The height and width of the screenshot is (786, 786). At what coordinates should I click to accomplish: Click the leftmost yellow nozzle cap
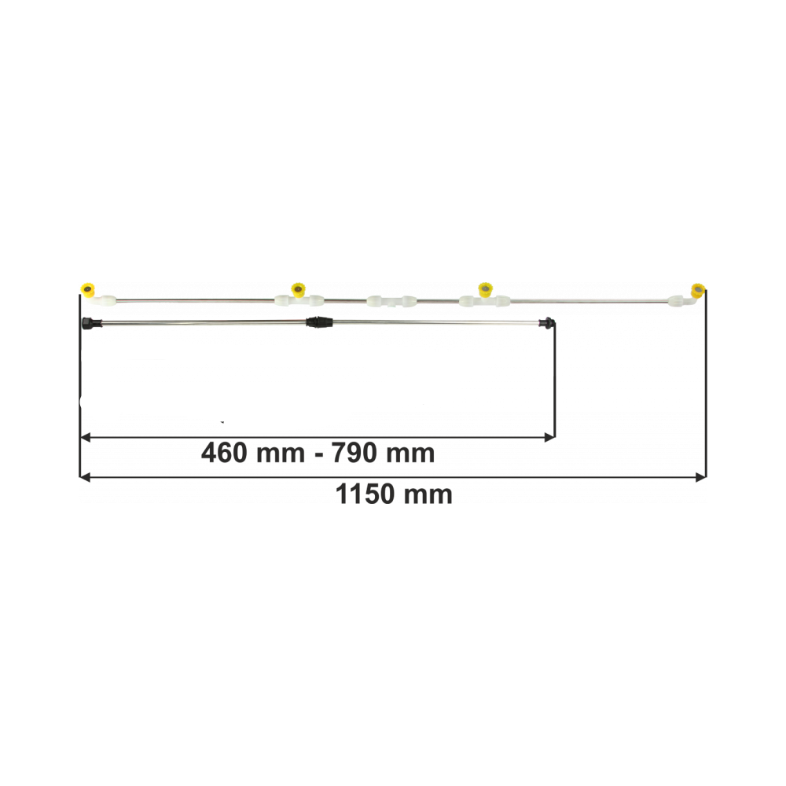[88, 290]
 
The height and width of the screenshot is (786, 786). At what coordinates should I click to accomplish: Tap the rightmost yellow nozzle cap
[698, 290]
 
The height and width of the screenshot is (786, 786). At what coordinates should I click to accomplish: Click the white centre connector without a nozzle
[392, 301]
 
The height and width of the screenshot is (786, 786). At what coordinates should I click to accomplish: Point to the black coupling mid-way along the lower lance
[319, 321]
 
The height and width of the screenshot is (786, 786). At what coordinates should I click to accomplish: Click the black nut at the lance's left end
[90, 323]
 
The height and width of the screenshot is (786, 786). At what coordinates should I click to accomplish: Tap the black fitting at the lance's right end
[547, 322]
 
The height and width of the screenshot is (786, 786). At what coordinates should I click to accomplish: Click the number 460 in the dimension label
[224, 454]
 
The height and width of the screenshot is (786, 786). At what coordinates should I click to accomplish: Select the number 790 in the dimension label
[354, 454]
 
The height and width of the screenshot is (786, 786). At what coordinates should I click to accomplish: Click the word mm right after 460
[281, 454]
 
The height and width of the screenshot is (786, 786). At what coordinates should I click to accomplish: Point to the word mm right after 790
[410, 454]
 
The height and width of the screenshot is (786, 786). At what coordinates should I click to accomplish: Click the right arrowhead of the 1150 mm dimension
[701, 477]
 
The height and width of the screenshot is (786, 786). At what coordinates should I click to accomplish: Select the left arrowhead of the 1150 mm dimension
[85, 477]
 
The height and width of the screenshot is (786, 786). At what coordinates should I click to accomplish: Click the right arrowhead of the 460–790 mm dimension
[549, 438]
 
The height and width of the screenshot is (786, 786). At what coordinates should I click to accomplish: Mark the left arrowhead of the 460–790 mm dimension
[85, 438]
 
